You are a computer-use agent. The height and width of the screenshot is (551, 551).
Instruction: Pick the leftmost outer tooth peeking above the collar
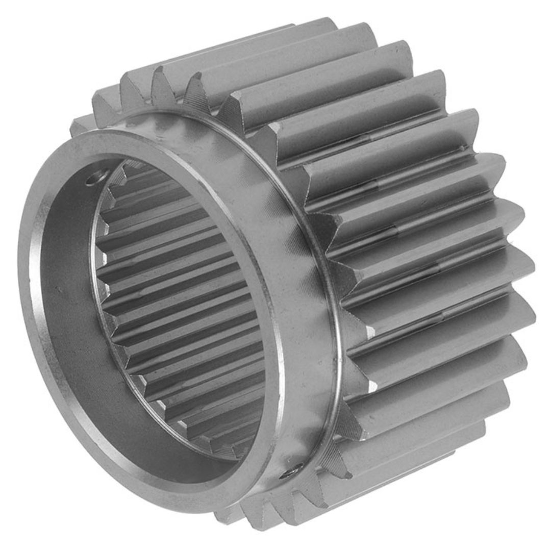pyautogui.click(x=82, y=124)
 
